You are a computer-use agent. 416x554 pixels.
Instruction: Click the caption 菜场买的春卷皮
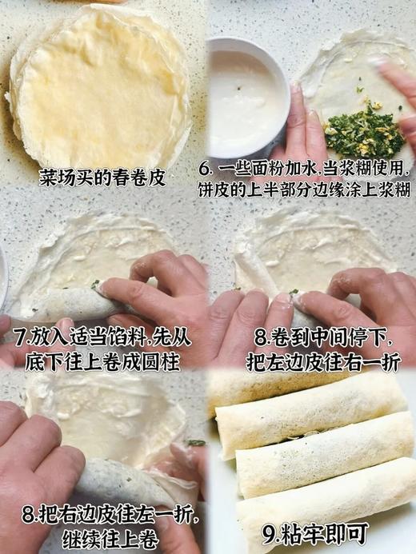click(x=102, y=177)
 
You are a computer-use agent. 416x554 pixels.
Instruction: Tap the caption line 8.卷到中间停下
click(x=312, y=331)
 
